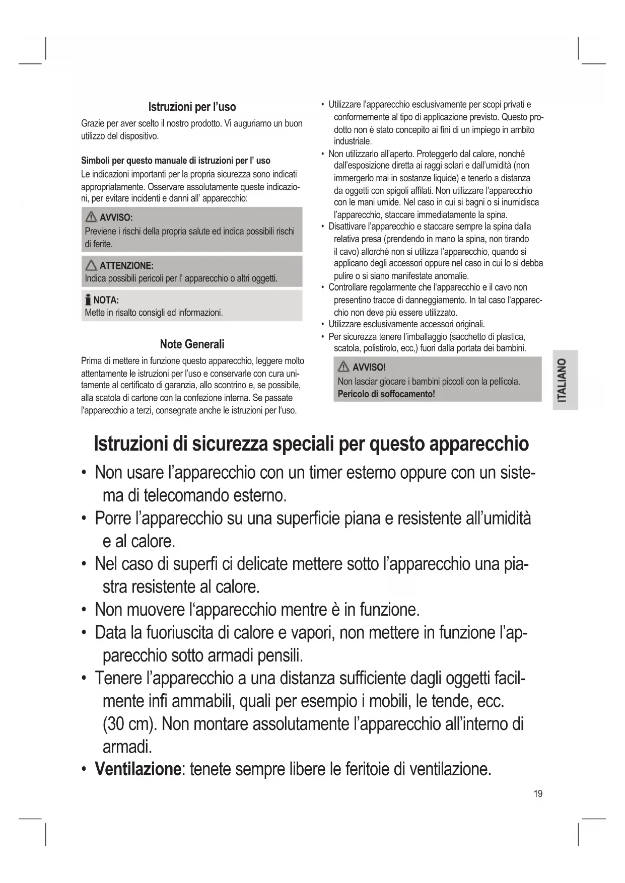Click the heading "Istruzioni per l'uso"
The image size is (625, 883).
pos(192,107)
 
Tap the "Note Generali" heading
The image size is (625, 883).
pos(192,344)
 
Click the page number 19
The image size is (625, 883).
pos(538,794)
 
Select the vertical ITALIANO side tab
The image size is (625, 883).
pos(564,380)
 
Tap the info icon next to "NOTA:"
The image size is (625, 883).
pos(88,300)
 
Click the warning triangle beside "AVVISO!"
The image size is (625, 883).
pos(344,367)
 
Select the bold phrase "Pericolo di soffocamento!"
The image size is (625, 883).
pos(386,394)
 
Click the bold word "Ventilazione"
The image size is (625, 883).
pos(137,769)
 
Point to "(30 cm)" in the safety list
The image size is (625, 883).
pos(130,724)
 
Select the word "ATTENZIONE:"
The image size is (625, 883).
pos(126,266)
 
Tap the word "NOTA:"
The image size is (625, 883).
pos(106,301)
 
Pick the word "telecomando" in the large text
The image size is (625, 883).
pos(186,495)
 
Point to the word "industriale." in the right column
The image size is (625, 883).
pos(353,141)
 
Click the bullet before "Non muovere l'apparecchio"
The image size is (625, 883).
pos(84,610)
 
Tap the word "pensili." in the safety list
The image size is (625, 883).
pos(280,655)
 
